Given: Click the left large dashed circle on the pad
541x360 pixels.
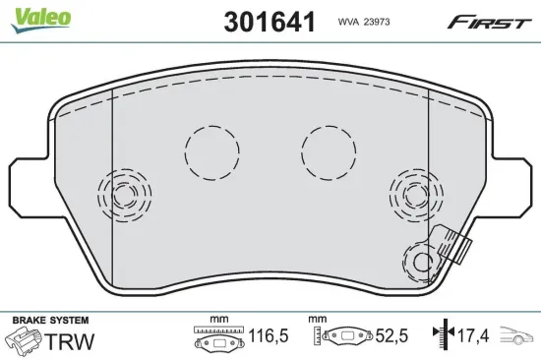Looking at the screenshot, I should pos(211,152).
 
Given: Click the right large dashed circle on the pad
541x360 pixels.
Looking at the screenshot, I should pos(329,152).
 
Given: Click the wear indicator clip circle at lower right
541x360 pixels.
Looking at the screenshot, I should pos(422,261).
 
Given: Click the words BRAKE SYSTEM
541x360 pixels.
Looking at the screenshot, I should pos(49,321).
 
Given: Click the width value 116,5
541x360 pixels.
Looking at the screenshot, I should pos(267,336).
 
